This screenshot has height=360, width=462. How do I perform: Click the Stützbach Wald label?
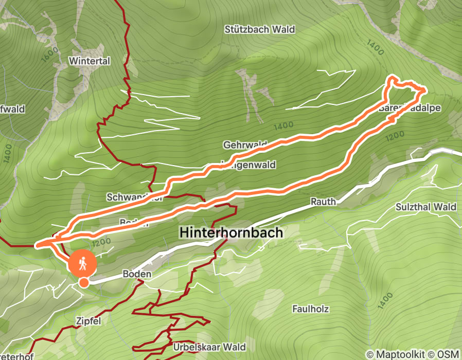(x=259, y=29)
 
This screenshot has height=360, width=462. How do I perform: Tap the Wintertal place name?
(x=90, y=61)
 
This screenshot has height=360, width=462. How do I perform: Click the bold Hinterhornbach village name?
(x=231, y=232)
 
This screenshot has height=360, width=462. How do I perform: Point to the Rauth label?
(x=323, y=202)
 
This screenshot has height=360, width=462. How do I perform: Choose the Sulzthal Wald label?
(x=426, y=207)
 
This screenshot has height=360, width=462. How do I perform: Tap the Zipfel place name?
(x=87, y=321)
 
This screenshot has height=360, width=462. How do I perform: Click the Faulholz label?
(x=310, y=309)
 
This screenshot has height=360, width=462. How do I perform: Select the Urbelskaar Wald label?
(x=209, y=347)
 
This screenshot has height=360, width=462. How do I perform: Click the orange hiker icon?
(x=83, y=264)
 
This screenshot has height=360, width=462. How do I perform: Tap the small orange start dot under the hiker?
(x=83, y=282)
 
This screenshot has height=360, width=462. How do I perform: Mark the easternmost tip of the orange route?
(x=425, y=91)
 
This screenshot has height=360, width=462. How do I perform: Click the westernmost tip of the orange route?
(x=36, y=245)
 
